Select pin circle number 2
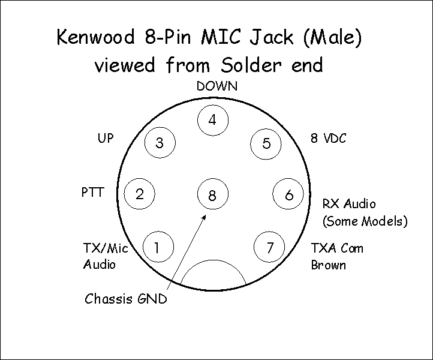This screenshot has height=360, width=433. (x=139, y=194)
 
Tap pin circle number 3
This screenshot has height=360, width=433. (x=160, y=143)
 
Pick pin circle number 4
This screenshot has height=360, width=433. (x=212, y=120)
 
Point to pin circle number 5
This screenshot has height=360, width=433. (x=266, y=143)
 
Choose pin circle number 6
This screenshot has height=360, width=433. (x=289, y=194)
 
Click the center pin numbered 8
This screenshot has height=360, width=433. (x=212, y=194)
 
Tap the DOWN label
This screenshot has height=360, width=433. (x=217, y=86)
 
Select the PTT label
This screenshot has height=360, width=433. (x=92, y=193)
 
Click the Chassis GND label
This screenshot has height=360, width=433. (x=125, y=298)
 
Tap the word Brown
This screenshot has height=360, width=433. (x=328, y=265)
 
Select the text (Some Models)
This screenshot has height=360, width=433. (x=365, y=221)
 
